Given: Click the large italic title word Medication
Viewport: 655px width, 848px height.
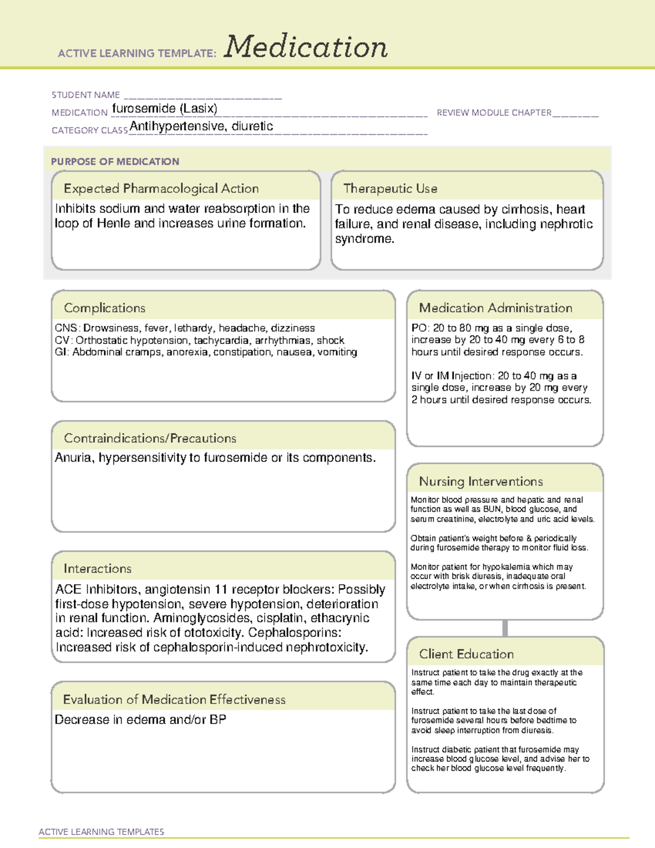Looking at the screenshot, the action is pyautogui.click(x=306, y=47).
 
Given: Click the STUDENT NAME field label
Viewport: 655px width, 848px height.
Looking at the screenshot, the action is pyautogui.click(x=86, y=95).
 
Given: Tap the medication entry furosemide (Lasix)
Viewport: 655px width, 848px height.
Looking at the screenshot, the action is pyautogui.click(x=164, y=109).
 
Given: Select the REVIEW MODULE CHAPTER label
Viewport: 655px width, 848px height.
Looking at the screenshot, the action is pyautogui.click(x=494, y=112).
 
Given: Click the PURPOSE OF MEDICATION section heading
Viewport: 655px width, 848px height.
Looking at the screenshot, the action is pyautogui.click(x=115, y=162).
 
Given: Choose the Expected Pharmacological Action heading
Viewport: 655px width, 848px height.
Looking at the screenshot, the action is pyautogui.click(x=161, y=188).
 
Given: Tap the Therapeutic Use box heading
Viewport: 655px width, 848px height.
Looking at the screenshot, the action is pyautogui.click(x=390, y=188).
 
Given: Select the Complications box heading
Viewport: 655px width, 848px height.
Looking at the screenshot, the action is pyautogui.click(x=104, y=308).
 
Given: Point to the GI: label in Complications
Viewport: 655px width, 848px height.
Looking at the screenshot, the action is pyautogui.click(x=62, y=352).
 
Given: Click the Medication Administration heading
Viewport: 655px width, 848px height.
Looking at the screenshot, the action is pyautogui.click(x=495, y=308).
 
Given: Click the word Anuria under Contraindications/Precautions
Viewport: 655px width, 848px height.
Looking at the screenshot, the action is pyautogui.click(x=74, y=458).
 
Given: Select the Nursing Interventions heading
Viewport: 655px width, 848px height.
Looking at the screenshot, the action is pyautogui.click(x=480, y=482).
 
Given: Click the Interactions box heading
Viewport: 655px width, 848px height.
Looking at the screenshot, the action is pyautogui.click(x=97, y=569).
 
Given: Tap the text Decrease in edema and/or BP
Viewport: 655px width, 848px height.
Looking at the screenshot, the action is pyautogui.click(x=140, y=720).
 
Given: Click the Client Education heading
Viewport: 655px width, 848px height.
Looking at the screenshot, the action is pyautogui.click(x=466, y=654).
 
